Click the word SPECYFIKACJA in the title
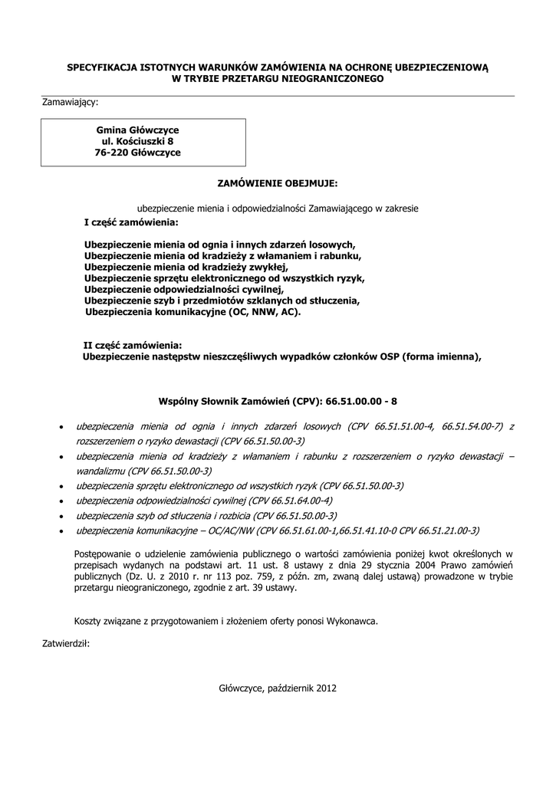click(103, 67)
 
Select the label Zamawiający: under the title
click(70, 101)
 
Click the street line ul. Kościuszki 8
click(138, 142)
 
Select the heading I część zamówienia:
click(130, 222)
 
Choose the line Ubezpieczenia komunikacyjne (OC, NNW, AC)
click(193, 312)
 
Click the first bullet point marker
click(61, 427)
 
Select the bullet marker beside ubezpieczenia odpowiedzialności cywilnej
click(61, 501)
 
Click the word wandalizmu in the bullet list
click(100, 471)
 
